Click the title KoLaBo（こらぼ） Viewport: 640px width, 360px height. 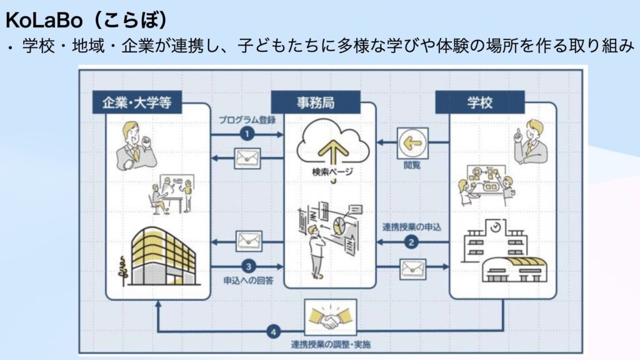(86, 20)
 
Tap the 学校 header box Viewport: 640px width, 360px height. (480, 102)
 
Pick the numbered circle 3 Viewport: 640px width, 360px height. (248, 264)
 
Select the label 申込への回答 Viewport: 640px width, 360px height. (248, 279)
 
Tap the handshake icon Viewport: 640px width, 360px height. (329, 318)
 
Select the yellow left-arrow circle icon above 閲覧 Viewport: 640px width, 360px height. (412, 143)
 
